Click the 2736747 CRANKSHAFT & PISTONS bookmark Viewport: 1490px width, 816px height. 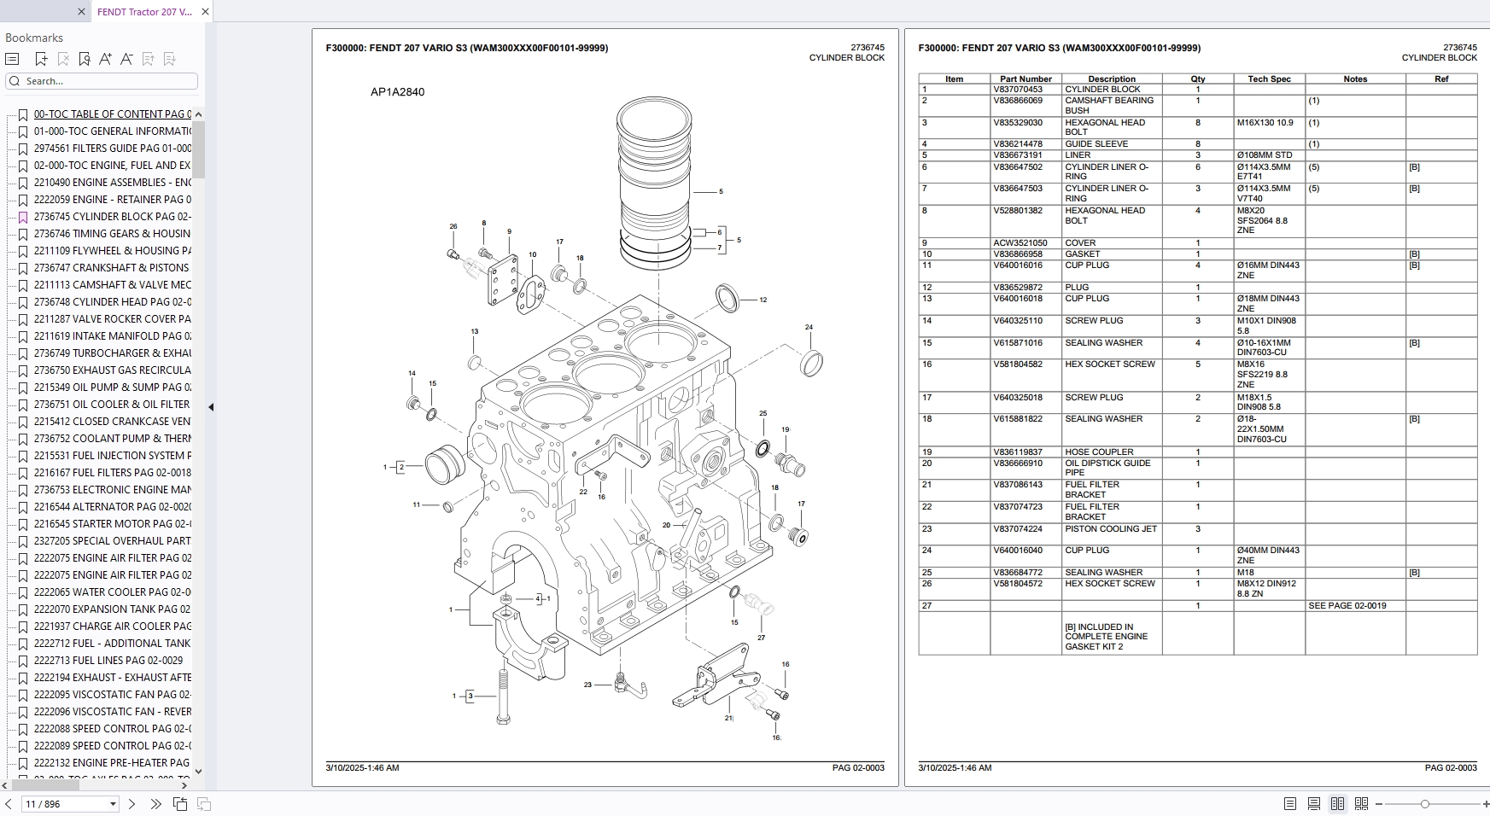coord(111,268)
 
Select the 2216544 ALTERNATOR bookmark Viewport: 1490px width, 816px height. coord(111,507)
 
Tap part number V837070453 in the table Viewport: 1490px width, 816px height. coord(1018,90)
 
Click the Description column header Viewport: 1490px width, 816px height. coord(1112,79)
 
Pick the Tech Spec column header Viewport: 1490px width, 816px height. coord(1269,79)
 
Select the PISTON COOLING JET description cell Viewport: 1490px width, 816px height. coord(1111,529)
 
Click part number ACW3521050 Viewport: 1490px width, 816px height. coord(1020,243)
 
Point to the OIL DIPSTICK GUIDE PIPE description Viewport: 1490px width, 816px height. coord(1107,468)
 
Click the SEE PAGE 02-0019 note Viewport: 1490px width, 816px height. coord(1347,606)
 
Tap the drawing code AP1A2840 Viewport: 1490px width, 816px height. coord(397,92)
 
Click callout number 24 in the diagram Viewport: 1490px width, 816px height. coord(809,327)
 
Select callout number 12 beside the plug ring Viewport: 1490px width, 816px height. coord(763,300)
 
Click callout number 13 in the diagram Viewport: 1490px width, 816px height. coord(475,331)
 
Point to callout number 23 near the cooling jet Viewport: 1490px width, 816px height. coord(587,685)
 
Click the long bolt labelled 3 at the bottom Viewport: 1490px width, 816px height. coord(503,696)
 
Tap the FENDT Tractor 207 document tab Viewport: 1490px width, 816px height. coord(144,12)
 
